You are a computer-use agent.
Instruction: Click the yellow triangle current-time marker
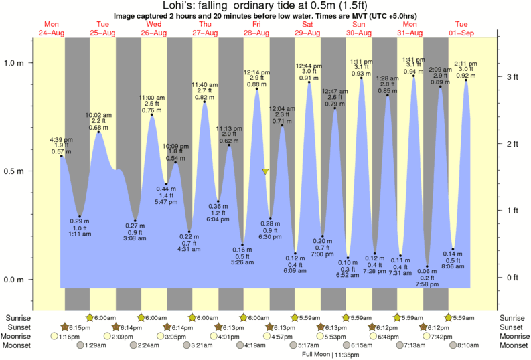click(266, 172)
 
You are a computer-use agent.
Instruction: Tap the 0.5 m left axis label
click(15, 171)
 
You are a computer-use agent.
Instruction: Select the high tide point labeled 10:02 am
click(99, 132)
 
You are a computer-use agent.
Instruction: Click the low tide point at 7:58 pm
click(427, 266)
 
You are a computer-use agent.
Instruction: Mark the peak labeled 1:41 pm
click(414, 76)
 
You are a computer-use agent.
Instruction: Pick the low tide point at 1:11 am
click(80, 216)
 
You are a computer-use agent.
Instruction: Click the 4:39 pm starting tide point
click(61, 156)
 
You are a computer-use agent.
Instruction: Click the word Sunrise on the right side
click(515, 317)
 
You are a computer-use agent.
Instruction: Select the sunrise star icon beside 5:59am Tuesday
click(449, 317)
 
